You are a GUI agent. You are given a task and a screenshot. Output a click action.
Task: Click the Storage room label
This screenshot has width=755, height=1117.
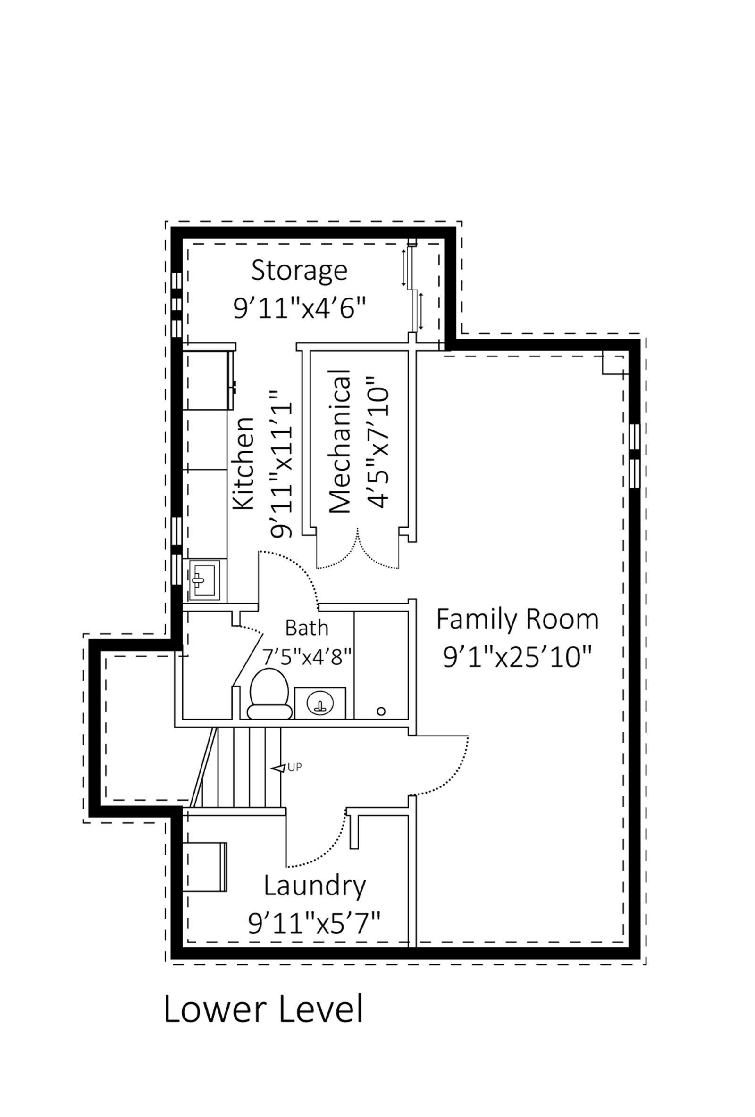pos(299,270)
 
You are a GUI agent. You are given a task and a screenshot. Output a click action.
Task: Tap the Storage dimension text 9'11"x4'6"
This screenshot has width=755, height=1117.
pos(299,307)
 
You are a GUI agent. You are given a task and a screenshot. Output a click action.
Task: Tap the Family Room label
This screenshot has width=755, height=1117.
pos(517,620)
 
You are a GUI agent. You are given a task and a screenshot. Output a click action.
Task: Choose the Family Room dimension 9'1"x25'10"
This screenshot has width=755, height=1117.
pos(517,657)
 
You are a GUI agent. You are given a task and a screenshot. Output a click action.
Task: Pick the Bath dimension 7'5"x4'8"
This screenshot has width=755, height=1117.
pos(306,656)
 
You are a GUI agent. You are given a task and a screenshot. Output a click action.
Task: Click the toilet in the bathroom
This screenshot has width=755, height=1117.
pos(269,694)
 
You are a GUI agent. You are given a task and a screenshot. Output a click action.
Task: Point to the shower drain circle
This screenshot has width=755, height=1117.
pos(381,711)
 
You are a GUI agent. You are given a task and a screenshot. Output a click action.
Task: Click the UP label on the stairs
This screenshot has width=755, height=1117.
pos(294,768)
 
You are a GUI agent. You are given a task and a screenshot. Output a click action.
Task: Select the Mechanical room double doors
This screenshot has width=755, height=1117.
pos(357,550)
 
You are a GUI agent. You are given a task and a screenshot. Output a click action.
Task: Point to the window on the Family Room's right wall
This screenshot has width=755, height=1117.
pos(634,455)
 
